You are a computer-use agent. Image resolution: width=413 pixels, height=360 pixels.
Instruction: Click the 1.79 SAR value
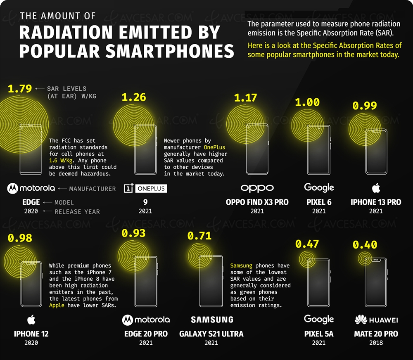[20, 88]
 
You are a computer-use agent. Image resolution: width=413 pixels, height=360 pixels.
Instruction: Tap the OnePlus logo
[145, 188]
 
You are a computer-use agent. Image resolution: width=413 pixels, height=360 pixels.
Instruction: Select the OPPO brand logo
[257, 188]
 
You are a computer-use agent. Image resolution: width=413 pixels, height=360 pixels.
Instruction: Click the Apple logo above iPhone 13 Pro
[375, 189]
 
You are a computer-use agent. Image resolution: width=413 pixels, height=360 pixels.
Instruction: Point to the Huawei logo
[376, 320]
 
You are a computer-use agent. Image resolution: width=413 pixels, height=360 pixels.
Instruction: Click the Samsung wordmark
[211, 320]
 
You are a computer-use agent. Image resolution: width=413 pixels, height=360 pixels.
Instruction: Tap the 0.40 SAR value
[365, 245]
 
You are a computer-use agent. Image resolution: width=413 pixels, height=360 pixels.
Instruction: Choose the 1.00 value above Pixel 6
[307, 102]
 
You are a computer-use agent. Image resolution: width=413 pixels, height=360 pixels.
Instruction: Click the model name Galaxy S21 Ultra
[211, 334]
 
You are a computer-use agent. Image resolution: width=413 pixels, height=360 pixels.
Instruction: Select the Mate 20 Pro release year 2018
[376, 343]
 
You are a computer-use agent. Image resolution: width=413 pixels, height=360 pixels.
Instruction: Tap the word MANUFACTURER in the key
[93, 189]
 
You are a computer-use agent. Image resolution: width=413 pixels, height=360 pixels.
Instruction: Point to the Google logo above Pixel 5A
[319, 319]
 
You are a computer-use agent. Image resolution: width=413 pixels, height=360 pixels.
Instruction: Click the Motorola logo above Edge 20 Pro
[146, 320]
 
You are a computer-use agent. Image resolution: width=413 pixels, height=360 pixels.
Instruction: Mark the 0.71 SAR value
[199, 236]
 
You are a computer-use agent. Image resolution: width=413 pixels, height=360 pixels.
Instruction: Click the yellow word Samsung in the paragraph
[241, 265]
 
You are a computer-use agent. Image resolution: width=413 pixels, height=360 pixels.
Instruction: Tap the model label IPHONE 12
[31, 334]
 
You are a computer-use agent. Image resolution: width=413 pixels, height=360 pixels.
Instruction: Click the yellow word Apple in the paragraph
[57, 305]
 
